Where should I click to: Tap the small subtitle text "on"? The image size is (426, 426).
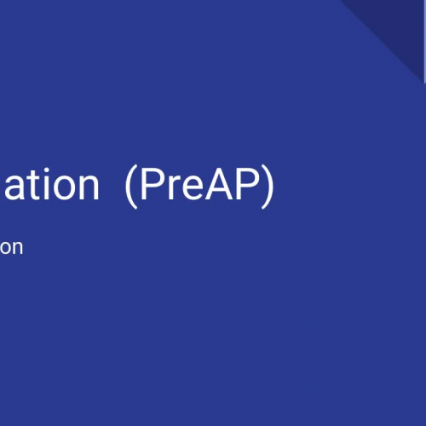11,249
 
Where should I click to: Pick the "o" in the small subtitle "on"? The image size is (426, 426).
5,249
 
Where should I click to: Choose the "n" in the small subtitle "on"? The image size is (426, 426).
17,249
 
